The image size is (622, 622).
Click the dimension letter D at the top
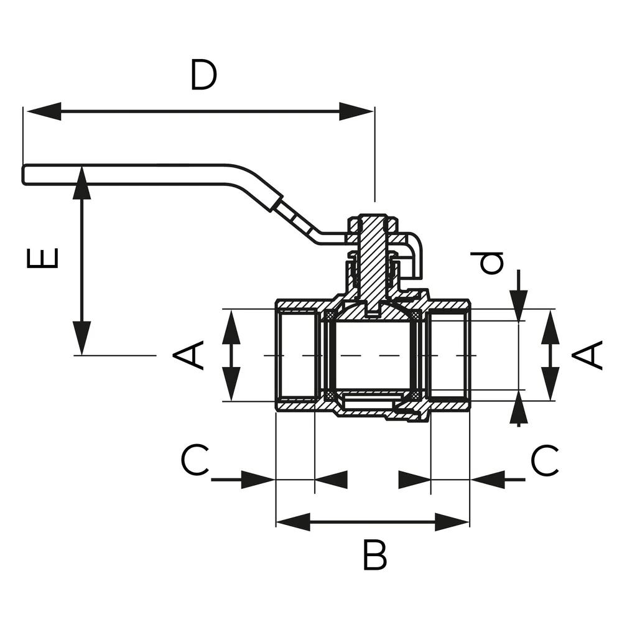pos(203,75)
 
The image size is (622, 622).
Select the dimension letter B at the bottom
pos(374,555)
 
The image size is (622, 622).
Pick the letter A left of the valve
pos(189,355)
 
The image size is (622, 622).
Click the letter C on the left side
pos(195,461)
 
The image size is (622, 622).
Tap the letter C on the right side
pos(545,461)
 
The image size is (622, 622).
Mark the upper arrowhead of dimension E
pos(81,183)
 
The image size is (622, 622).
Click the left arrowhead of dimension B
pos(292,522)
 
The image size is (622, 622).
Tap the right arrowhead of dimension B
pos(452,522)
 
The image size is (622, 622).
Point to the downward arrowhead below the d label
pos(519,300)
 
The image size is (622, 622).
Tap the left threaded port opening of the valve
pos(297,355)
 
